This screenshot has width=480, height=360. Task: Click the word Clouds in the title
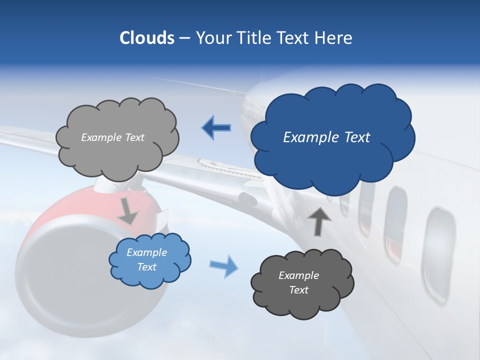click(146, 38)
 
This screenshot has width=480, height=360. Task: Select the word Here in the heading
click(334, 38)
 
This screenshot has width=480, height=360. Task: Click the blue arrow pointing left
click(216, 128)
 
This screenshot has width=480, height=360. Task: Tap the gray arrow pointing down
click(128, 212)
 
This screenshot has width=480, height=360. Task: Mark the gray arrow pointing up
click(319, 221)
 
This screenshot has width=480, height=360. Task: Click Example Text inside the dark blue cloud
click(326, 137)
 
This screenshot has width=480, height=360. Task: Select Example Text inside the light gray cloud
click(112, 137)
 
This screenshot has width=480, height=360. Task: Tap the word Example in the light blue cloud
click(146, 252)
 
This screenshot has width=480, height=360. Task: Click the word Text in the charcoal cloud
click(298, 290)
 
